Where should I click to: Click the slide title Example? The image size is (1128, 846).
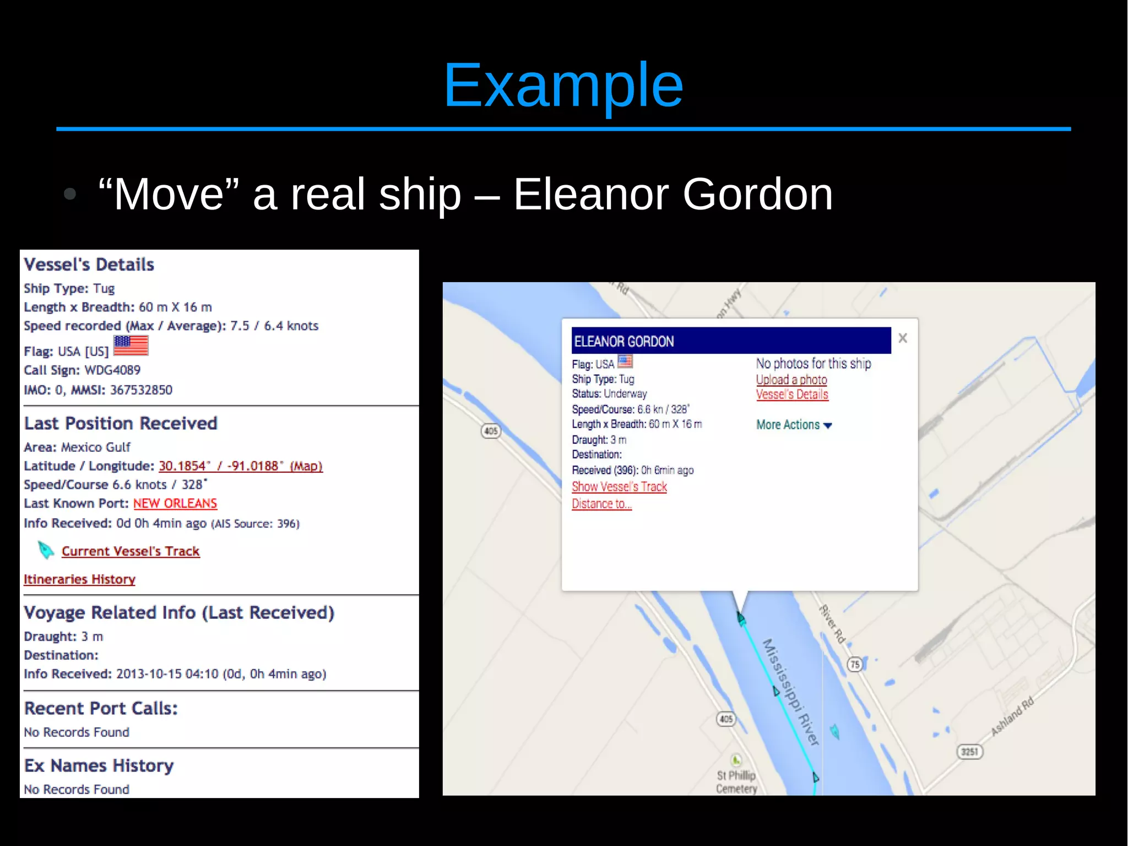[563, 85]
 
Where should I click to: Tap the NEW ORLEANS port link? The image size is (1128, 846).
[175, 503]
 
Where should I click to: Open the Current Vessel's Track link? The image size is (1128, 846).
[131, 551]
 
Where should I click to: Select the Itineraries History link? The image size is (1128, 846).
[79, 579]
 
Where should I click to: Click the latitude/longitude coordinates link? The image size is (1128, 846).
[240, 466]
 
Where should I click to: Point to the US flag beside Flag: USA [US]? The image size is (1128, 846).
[131, 346]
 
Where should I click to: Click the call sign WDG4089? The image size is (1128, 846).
[112, 370]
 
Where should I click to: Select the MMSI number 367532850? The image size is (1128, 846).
[142, 390]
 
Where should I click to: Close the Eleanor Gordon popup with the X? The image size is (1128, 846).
[902, 338]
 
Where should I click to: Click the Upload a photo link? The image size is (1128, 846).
[791, 380]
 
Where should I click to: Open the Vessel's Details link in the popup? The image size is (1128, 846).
[791, 395]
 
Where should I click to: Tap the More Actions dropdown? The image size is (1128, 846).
[794, 425]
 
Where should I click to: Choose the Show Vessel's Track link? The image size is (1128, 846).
[619, 487]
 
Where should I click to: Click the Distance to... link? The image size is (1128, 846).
[601, 504]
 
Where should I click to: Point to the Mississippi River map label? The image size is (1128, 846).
[791, 692]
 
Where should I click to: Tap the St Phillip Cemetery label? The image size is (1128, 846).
[736, 782]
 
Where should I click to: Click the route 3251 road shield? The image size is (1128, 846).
[969, 752]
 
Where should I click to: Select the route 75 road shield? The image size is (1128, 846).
[854, 665]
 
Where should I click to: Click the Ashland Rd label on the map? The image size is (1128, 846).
[1012, 716]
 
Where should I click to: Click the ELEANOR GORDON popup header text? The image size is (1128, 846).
[624, 342]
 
